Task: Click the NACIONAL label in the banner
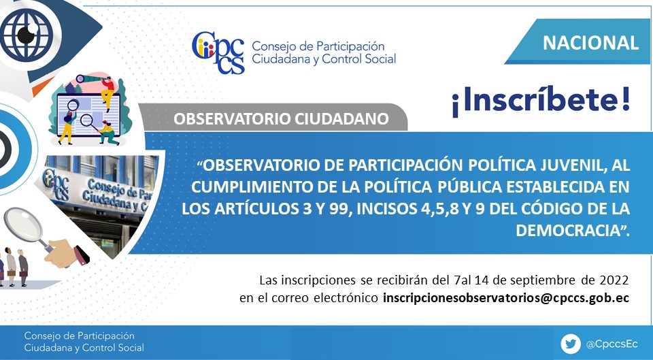tap(590, 43)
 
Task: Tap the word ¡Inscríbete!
tap(541, 101)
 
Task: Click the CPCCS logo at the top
tap(218, 53)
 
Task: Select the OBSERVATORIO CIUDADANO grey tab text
tap(281, 118)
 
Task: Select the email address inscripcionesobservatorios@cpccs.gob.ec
tap(505, 298)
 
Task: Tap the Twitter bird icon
tap(570, 344)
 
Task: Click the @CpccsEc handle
tap(612, 344)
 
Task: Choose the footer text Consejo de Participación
tap(79, 336)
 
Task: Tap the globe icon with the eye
tap(27, 34)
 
